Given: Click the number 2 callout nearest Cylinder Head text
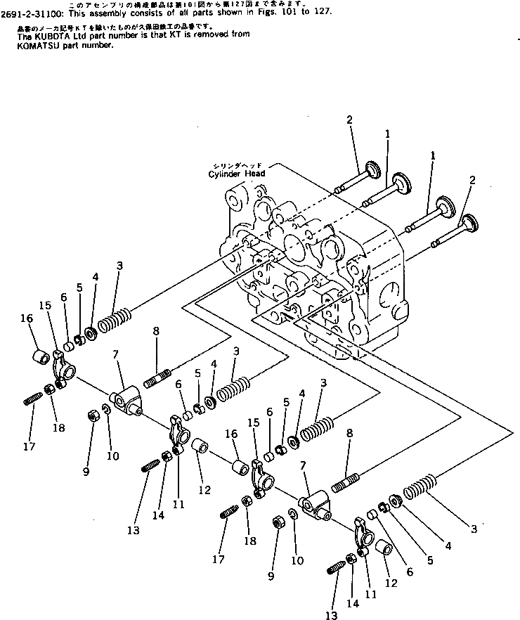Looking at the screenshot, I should pyautogui.click(x=349, y=120).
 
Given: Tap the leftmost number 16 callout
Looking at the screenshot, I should pyautogui.click(x=27, y=318).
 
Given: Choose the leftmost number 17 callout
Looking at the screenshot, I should pyautogui.click(x=30, y=446).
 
